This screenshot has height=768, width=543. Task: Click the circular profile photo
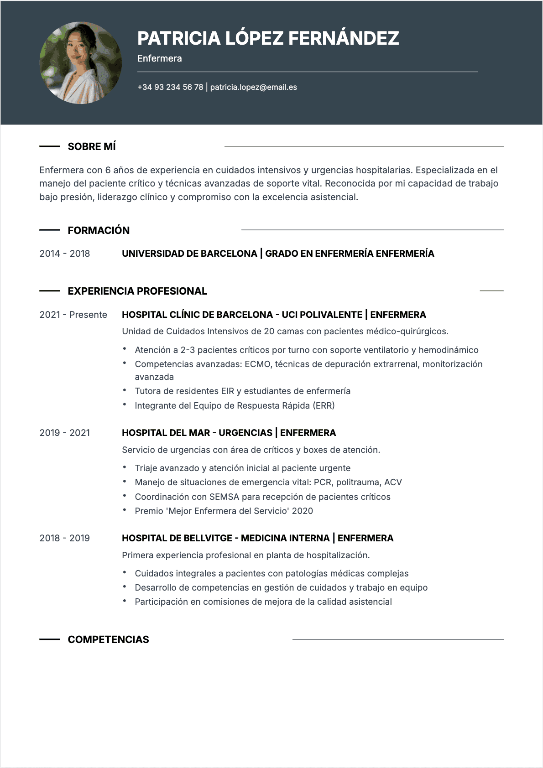pyautogui.click(x=81, y=63)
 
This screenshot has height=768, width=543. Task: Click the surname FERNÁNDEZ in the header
pyautogui.click(x=344, y=38)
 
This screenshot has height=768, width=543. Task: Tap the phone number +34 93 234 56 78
pyautogui.click(x=170, y=87)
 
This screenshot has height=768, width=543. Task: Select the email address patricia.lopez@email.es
pyautogui.click(x=253, y=87)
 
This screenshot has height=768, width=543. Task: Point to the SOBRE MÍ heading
pyautogui.click(x=92, y=146)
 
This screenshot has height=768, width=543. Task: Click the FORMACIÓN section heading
pyautogui.click(x=99, y=230)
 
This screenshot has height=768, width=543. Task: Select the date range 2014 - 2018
pyautogui.click(x=65, y=254)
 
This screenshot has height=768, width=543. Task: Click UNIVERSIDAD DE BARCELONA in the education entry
pyautogui.click(x=189, y=254)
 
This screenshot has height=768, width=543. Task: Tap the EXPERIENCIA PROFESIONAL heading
pyautogui.click(x=137, y=291)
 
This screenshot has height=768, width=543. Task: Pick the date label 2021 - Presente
pyautogui.click(x=73, y=315)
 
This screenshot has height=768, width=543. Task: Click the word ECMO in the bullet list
pyautogui.click(x=257, y=364)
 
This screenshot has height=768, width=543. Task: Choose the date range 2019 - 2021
pyautogui.click(x=65, y=433)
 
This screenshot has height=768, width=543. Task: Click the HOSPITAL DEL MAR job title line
pyautogui.click(x=229, y=433)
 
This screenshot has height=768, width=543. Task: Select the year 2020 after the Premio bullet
pyautogui.click(x=302, y=511)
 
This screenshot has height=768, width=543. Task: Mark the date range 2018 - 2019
pyautogui.click(x=65, y=538)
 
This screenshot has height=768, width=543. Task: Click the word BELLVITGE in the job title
pyautogui.click(x=207, y=538)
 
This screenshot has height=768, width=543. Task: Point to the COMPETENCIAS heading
pyautogui.click(x=108, y=639)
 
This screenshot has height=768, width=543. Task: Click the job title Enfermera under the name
pyautogui.click(x=159, y=58)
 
